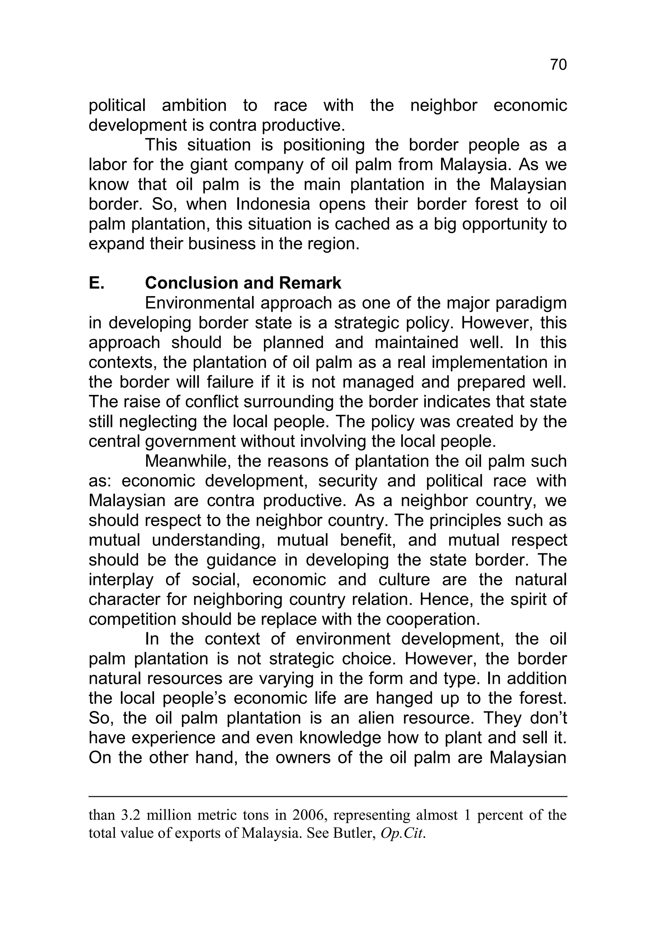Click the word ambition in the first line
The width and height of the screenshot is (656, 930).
coord(194,106)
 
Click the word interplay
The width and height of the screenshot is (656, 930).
coord(121,580)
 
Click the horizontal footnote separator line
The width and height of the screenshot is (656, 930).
coord(328,796)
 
